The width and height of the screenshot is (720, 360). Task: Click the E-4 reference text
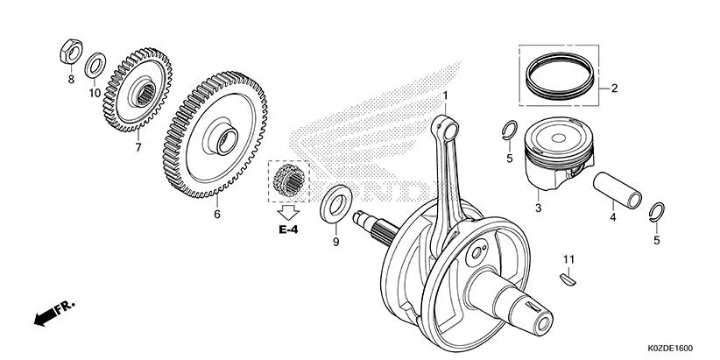click(289, 229)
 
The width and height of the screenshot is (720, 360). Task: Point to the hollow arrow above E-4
click(288, 210)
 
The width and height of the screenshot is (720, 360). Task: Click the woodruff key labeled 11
click(568, 279)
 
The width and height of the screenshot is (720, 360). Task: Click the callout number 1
click(445, 95)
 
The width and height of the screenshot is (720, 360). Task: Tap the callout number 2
click(614, 88)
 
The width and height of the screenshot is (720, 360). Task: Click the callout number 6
click(216, 213)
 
